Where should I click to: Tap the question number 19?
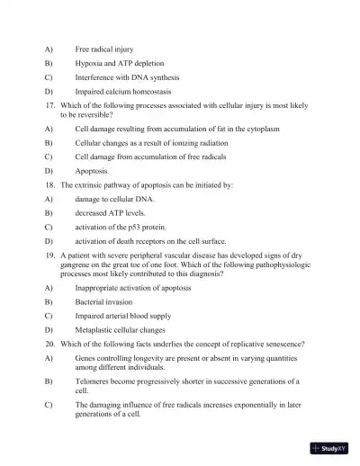point(50,256)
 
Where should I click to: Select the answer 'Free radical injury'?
point(106,48)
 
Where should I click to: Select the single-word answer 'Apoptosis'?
point(92,170)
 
